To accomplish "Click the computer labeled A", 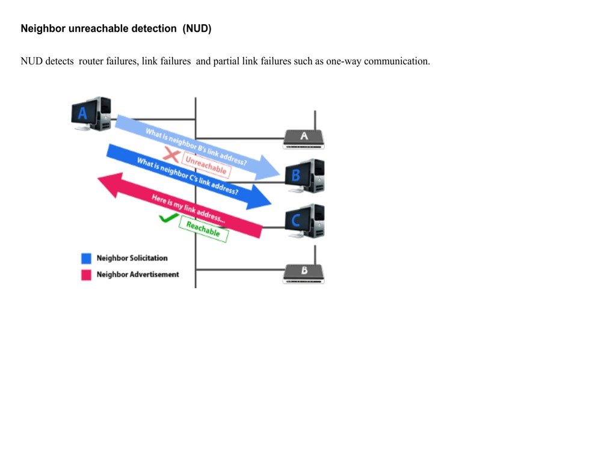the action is [91, 114].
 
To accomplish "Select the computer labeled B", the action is [305, 176].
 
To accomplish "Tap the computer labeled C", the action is [305, 221].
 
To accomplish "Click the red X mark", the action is [171, 155].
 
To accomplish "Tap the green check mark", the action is [168, 218].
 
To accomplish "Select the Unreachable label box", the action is [206, 165].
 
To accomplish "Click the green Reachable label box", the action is [203, 229].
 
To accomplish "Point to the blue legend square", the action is [86, 258].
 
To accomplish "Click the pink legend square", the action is [86, 274].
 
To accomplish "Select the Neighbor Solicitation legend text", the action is [132, 258].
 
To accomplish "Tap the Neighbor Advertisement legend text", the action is [138, 274].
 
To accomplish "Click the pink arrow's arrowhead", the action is [111, 185].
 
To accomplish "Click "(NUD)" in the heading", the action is [197, 29].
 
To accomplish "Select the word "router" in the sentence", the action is [91, 61].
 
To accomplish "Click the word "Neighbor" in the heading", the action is [43, 29].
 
